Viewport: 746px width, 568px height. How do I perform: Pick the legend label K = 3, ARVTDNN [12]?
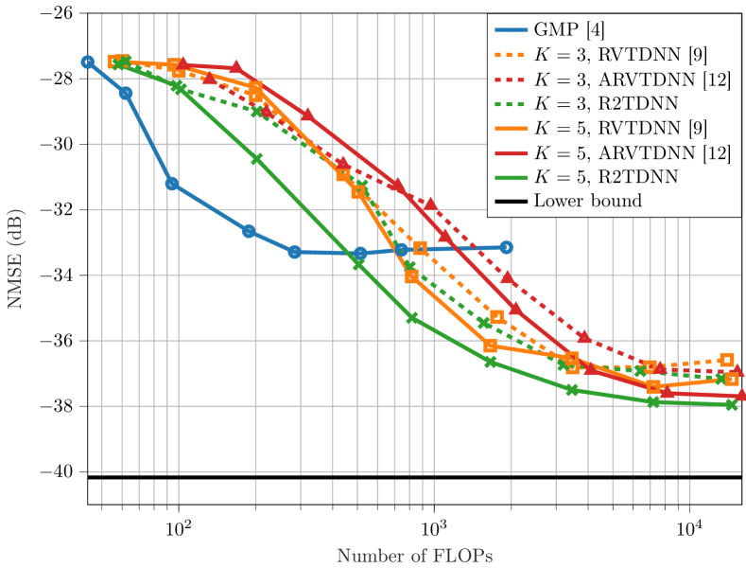[632, 79]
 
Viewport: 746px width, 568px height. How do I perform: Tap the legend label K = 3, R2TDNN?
[605, 103]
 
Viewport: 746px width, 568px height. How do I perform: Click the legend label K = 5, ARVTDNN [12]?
[632, 152]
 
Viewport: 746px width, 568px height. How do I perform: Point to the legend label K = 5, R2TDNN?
[605, 177]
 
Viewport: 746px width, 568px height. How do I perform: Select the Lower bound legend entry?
[587, 201]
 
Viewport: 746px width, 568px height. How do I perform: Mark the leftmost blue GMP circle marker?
[88, 62]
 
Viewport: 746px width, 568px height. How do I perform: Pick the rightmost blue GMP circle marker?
[507, 247]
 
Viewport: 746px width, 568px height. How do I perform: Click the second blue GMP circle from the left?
[126, 93]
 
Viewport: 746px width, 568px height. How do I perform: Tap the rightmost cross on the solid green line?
[732, 404]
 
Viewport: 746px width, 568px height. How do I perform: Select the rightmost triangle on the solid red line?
[741, 394]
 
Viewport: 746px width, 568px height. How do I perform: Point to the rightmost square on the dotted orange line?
[726, 360]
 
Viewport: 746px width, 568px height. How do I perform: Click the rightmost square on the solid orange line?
[733, 379]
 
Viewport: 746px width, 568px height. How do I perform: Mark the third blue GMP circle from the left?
[172, 184]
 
